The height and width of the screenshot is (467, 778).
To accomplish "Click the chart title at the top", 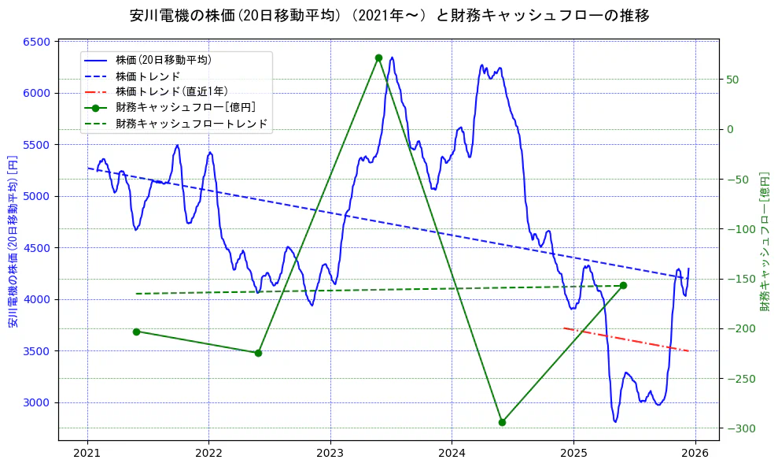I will (x=389, y=16).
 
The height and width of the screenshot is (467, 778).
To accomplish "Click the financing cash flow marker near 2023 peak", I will (x=378, y=57).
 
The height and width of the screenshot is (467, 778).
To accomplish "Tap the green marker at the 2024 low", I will (x=502, y=422).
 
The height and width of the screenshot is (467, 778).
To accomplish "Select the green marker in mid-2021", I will (x=136, y=332).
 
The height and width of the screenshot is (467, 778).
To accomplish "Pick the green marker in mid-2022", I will (x=258, y=353).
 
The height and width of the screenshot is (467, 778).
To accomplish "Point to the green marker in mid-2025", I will (x=623, y=285).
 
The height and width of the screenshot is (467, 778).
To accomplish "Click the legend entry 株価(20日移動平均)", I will (x=164, y=59).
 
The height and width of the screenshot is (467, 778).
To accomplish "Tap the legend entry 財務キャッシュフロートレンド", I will (x=192, y=124).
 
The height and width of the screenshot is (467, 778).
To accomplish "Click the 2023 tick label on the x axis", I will (x=330, y=454).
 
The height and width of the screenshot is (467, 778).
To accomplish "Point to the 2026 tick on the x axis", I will (x=695, y=454).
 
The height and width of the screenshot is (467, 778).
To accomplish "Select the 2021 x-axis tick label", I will (x=87, y=454).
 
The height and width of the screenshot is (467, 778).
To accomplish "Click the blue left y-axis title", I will (x=13, y=241).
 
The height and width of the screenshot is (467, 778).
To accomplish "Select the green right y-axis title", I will (x=764, y=241).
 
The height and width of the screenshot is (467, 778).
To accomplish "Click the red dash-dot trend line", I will (x=626, y=339).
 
